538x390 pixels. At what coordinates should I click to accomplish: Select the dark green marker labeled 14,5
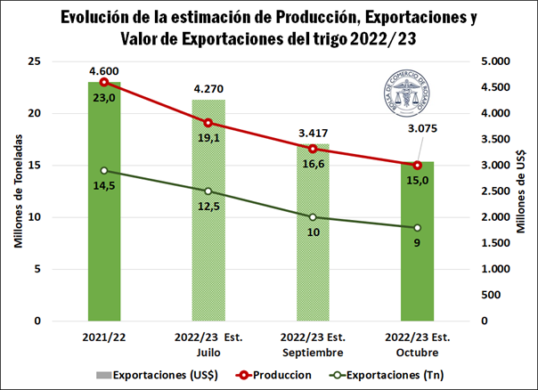pos(104,171)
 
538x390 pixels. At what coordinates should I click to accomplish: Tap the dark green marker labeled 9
pos(417,228)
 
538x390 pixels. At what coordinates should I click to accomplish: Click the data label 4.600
pos(104,70)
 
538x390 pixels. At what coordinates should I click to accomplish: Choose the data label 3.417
pos(313,134)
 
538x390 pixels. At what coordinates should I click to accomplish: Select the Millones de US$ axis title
pos(520,191)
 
